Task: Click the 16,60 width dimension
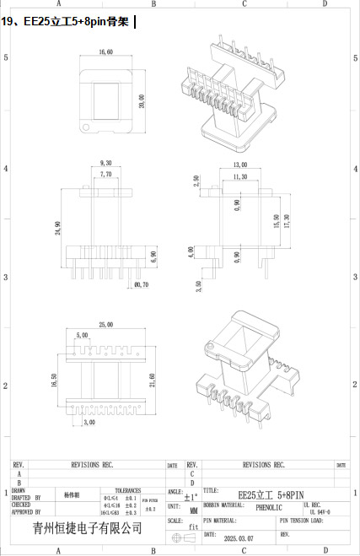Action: [x=105, y=53]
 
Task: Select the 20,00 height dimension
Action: [x=142, y=100]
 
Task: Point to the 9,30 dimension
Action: [x=105, y=162]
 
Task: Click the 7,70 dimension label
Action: [x=105, y=174]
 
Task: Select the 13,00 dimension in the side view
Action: [x=239, y=165]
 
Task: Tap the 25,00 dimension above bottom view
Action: [x=105, y=324]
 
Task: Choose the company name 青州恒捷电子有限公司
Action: [x=87, y=527]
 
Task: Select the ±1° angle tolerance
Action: [x=191, y=498]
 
